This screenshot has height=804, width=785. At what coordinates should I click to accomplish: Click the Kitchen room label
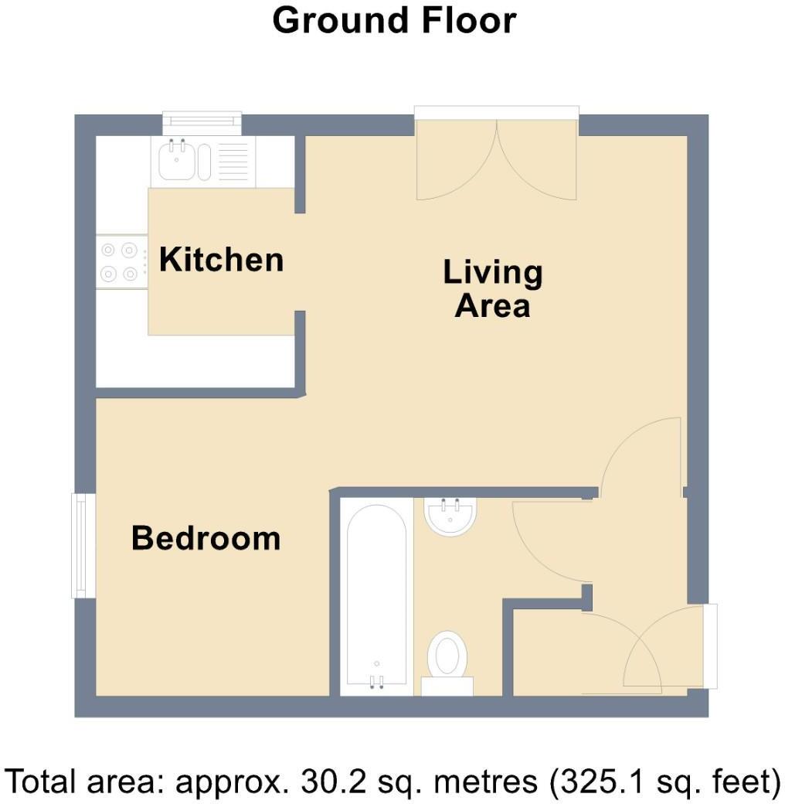(x=221, y=260)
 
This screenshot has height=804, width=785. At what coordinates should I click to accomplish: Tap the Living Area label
(x=493, y=289)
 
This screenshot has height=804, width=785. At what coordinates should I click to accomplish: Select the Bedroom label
(x=206, y=538)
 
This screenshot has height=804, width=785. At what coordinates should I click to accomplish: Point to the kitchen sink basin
(x=177, y=162)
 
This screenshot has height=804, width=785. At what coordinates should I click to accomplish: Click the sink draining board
(x=234, y=162)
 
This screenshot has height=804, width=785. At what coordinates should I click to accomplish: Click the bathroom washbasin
(x=450, y=516)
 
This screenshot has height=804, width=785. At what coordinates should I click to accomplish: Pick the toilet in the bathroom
(x=447, y=656)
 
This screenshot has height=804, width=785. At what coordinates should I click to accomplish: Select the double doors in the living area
(x=496, y=158)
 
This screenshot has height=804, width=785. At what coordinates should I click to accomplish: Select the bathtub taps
(x=376, y=680)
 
